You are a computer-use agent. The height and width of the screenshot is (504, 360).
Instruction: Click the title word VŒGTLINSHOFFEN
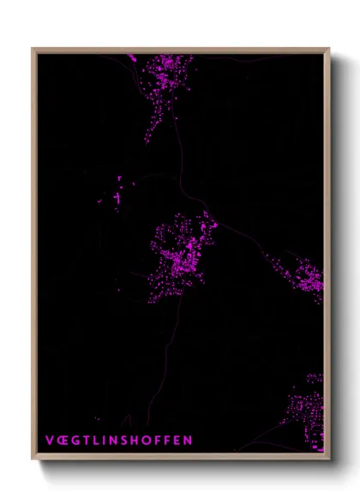point(119,441)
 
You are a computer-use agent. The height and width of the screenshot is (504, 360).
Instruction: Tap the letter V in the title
point(49,441)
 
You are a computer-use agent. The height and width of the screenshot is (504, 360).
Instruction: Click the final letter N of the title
point(189,441)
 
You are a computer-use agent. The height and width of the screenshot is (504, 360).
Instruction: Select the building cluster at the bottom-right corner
point(309,411)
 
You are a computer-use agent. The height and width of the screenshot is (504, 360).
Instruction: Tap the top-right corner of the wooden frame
point(329,49)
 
